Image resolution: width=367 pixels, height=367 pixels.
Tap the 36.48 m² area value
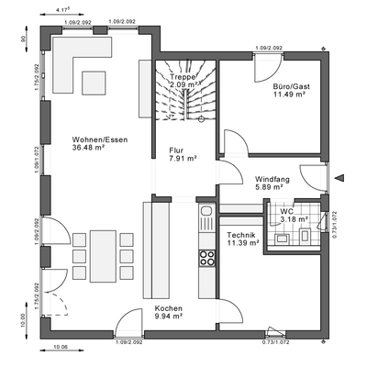coord(91,149)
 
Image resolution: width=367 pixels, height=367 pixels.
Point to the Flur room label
coord(175,150)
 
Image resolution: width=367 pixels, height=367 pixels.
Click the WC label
coord(287,212)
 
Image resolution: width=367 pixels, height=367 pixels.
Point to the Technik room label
coord(240,236)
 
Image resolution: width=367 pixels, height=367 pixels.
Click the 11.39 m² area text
coord(242,244)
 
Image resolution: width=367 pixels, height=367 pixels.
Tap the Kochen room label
coord(169,308)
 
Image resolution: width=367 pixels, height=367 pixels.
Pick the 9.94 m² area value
coord(169,317)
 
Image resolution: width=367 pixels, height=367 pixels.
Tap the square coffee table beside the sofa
coord(96,82)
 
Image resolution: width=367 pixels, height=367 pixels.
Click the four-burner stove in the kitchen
coord(206,252)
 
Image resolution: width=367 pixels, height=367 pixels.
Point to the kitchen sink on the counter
coord(206,221)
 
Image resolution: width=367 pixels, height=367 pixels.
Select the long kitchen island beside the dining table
coord(155,249)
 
